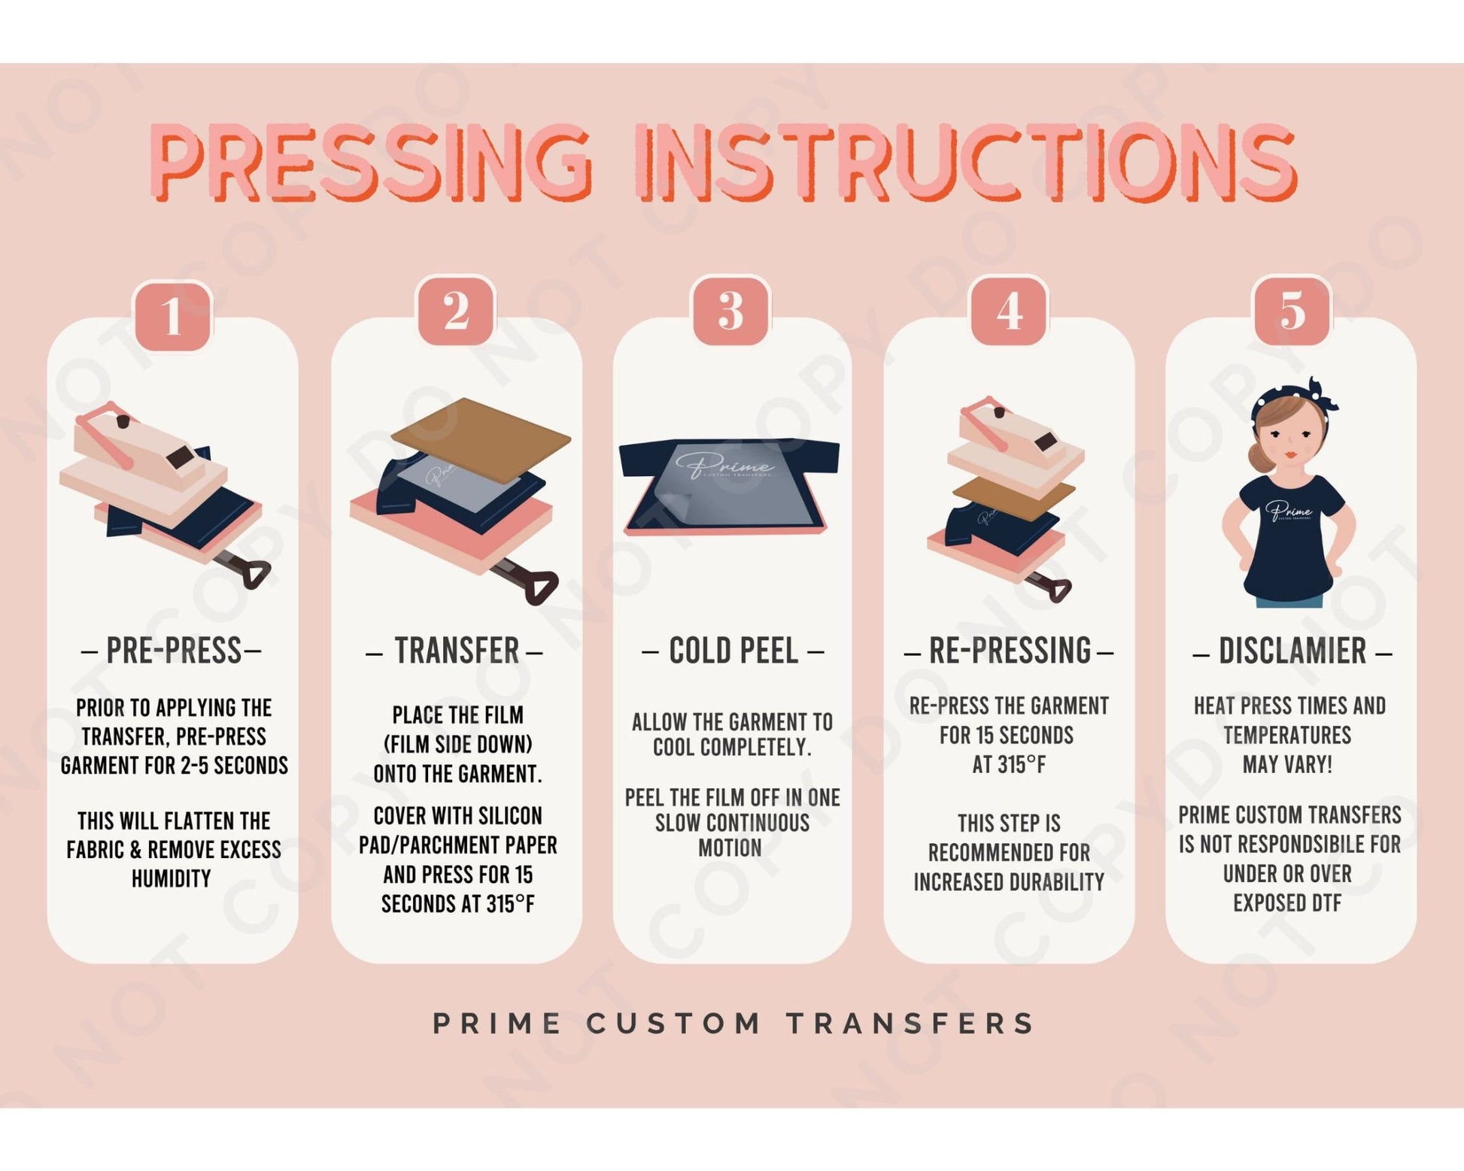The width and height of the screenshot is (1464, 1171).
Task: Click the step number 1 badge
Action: click(x=172, y=315)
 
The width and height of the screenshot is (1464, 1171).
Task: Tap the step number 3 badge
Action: click(x=730, y=311)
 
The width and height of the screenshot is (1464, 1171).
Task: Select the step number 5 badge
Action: click(x=1292, y=310)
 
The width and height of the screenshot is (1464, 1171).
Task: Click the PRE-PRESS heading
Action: click(x=172, y=651)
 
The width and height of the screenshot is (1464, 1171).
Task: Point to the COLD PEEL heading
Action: click(x=733, y=651)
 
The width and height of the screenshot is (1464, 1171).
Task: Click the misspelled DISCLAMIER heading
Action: click(x=1292, y=651)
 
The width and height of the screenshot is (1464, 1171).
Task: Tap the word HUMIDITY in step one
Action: click(x=172, y=878)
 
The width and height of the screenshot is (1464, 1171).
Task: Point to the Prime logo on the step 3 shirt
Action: click(x=724, y=465)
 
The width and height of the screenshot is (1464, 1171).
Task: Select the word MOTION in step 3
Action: click(x=730, y=848)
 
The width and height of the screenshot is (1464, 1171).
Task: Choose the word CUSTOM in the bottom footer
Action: click(x=673, y=1024)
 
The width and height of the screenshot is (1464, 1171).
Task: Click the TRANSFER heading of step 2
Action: click(x=457, y=651)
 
